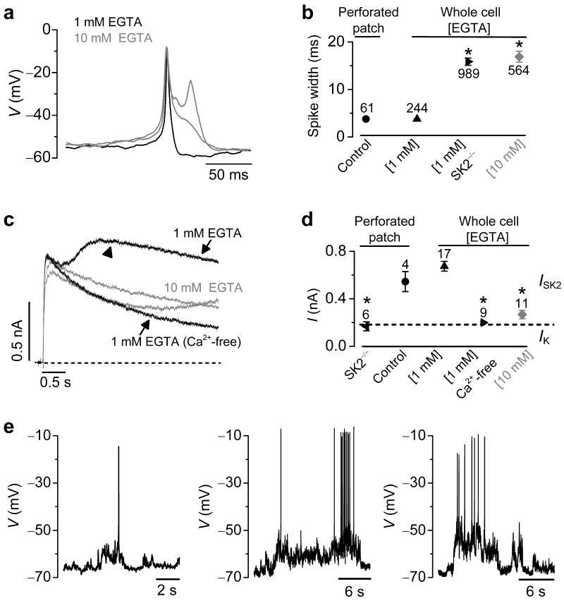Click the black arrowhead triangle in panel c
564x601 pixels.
click(x=107, y=253)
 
